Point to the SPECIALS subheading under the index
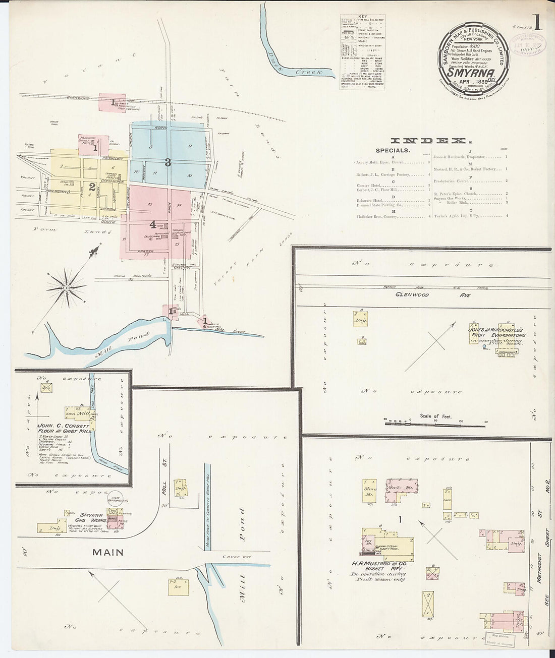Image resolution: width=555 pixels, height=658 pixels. tap(393, 150)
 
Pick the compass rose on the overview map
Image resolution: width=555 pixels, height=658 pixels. tap(67, 288)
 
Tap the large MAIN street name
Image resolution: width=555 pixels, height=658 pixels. tap(107, 552)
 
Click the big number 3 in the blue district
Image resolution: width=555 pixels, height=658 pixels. tap(168, 162)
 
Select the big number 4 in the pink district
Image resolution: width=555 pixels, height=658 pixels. tap(152, 224)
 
